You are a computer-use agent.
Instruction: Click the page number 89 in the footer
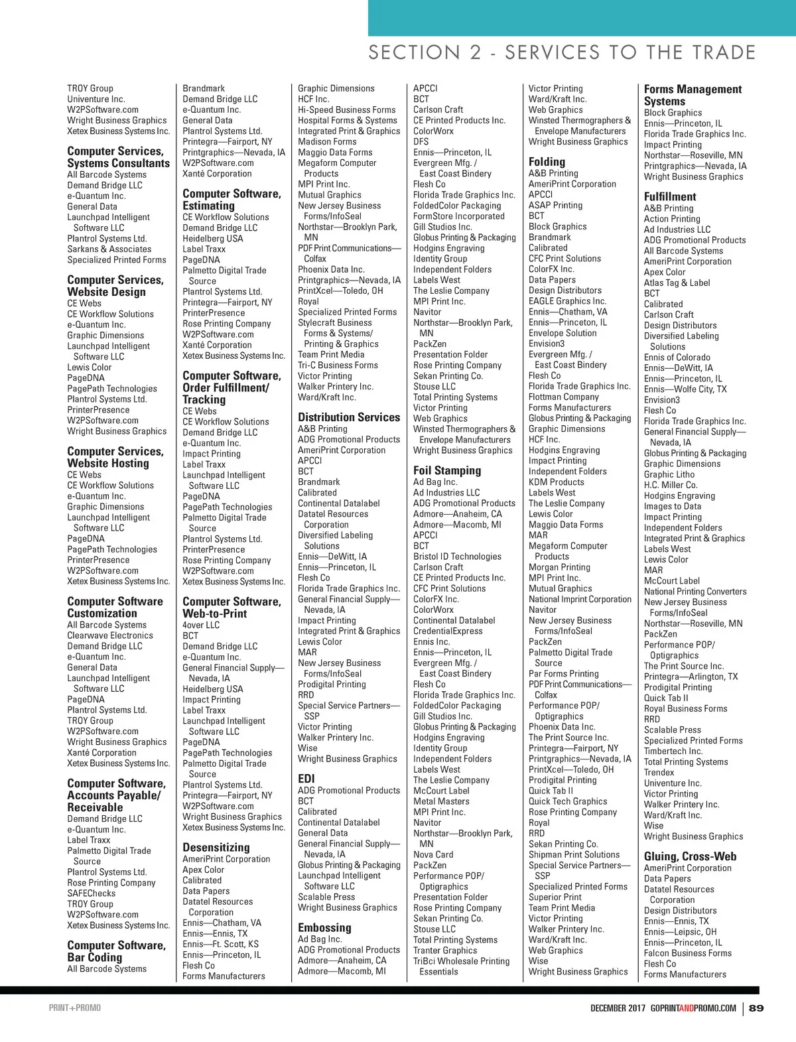[x=756, y=1008]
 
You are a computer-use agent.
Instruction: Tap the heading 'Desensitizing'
[x=216, y=847]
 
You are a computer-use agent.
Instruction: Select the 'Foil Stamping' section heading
[x=447, y=470]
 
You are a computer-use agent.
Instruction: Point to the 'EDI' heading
[x=306, y=778]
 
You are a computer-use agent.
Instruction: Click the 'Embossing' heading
[x=324, y=927]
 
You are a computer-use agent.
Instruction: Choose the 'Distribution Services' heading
[x=349, y=417]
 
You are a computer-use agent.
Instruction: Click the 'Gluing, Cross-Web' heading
[x=690, y=856]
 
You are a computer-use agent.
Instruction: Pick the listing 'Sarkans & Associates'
[x=109, y=249]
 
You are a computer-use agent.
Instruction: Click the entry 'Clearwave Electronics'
[x=110, y=635]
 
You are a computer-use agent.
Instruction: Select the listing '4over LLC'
[x=201, y=625]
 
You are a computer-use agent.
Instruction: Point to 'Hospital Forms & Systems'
[x=348, y=121]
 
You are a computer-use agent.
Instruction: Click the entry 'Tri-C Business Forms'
[x=338, y=365]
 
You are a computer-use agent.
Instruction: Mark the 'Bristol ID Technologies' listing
[x=457, y=556]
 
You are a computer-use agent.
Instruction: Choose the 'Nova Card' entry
[x=433, y=855]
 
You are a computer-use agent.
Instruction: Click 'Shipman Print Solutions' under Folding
[x=574, y=855]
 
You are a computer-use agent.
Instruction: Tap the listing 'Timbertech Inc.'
[x=673, y=751]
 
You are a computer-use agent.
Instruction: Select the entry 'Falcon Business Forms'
[x=687, y=953]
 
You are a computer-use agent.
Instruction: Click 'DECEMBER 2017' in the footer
[x=618, y=1008]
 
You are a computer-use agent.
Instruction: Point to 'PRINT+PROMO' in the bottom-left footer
[x=75, y=1008]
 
